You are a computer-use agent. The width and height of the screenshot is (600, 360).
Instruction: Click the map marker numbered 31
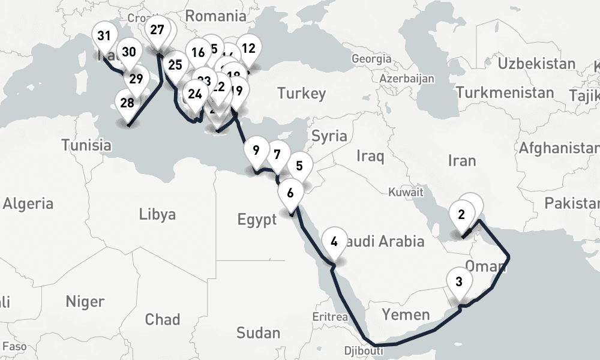(104, 36)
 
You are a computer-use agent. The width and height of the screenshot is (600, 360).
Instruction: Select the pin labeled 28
(127, 103)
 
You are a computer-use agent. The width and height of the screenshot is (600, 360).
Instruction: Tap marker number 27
(157, 30)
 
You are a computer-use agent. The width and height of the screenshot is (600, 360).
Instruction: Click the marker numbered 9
(256, 151)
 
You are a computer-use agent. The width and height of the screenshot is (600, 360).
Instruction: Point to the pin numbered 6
(290, 194)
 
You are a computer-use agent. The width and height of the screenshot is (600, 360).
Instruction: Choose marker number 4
(334, 242)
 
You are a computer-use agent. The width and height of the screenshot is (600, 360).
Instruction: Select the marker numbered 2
(461, 215)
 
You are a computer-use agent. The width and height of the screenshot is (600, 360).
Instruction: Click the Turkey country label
(302, 93)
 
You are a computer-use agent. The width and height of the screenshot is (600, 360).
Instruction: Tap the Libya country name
(157, 214)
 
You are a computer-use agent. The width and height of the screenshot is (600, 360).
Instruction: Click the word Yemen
(406, 314)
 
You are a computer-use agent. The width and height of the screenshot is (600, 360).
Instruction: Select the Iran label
(461, 160)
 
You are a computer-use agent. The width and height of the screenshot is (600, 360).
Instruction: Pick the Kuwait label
(406, 193)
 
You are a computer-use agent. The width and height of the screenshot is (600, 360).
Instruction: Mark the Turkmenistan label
(505, 93)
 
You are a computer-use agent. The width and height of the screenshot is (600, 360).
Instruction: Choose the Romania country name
(216, 15)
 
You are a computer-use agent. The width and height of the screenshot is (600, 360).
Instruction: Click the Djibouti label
(362, 350)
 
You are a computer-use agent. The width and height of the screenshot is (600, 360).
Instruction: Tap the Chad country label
(162, 319)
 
